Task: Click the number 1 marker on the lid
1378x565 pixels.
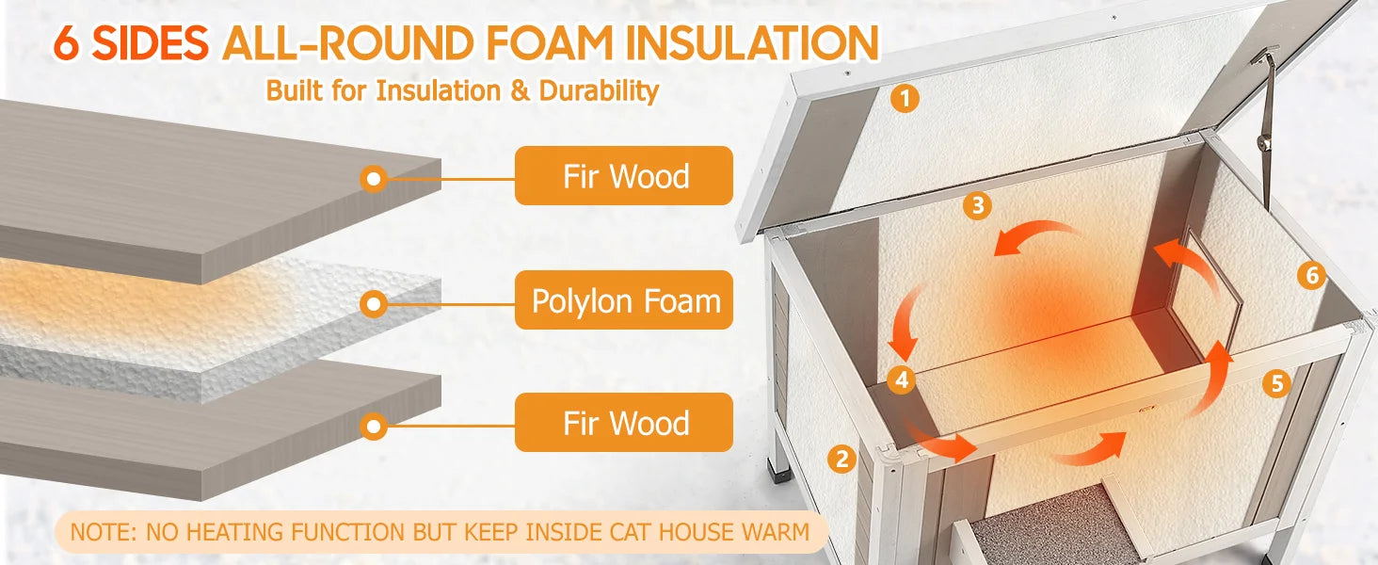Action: tap(905, 99)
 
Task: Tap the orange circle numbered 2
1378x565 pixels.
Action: tap(841, 459)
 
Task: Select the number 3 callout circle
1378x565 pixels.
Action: tap(978, 205)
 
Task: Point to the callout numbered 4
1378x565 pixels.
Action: tap(902, 379)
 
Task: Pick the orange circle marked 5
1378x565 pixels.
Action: tap(1276, 383)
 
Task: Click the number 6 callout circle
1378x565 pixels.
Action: tap(1311, 275)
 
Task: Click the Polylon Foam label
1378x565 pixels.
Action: tap(624, 300)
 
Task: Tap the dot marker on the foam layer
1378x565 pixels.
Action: tap(374, 303)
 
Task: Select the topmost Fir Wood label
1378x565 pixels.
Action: tap(624, 176)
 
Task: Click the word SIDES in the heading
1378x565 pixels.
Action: tap(150, 43)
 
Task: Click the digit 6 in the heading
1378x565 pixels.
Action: tap(67, 43)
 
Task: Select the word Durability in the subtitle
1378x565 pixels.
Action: tap(599, 91)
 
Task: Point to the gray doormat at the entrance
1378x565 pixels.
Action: tap(1046, 527)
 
